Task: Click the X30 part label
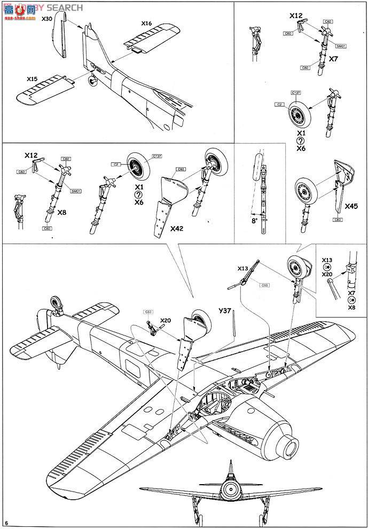(x=47, y=19)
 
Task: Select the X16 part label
(x=147, y=24)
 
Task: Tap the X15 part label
(x=32, y=79)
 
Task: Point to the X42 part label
(x=177, y=228)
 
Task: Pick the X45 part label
(x=351, y=206)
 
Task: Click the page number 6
(x=6, y=522)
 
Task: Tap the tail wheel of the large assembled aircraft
(x=56, y=304)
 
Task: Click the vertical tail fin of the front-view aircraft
(x=230, y=473)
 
